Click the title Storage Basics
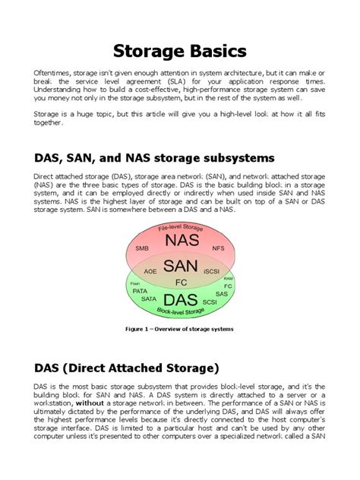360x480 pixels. pyautogui.click(x=180, y=51)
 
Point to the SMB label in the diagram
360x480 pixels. pyautogui.click(x=142, y=248)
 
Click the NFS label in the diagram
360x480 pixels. pyautogui.click(x=219, y=248)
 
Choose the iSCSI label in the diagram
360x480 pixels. pyautogui.click(x=212, y=270)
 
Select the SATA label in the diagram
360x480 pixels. pyautogui.click(x=148, y=299)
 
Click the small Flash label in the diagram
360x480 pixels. pyautogui.click(x=135, y=283)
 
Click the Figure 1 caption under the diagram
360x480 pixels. pyautogui.click(x=180, y=329)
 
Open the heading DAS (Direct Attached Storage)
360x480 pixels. pyautogui.click(x=126, y=368)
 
